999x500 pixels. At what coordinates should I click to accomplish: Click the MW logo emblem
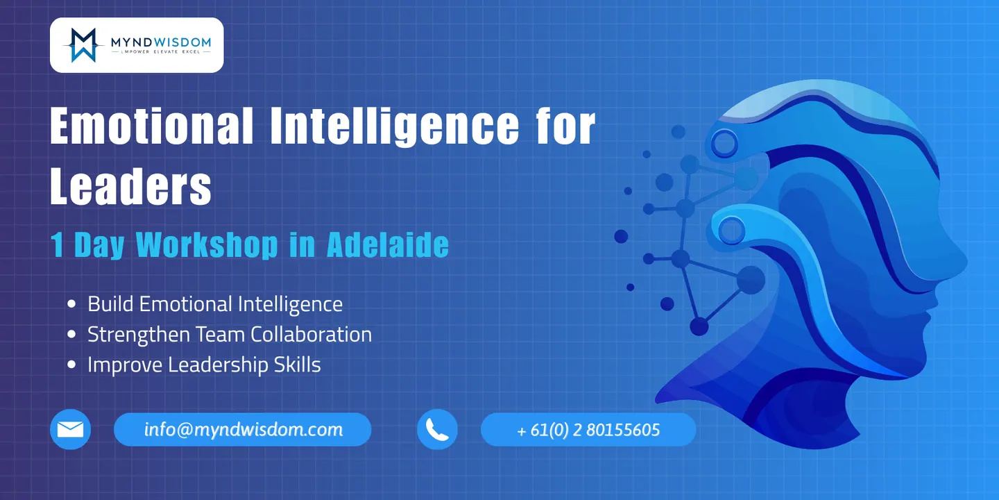point(83,45)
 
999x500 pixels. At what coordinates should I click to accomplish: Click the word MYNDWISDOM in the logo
point(161,42)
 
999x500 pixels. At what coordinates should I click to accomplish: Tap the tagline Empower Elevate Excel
point(160,52)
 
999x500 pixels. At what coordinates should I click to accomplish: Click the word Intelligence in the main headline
point(394,126)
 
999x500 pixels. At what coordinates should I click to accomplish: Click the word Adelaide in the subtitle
point(388,244)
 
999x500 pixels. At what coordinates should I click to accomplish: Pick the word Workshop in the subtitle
point(207,244)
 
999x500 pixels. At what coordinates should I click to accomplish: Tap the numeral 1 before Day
point(57,244)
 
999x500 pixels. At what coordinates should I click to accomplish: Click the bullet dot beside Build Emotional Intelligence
point(71,304)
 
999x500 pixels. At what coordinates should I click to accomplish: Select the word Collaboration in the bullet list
point(311,335)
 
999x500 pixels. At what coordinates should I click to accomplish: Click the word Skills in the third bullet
point(297,365)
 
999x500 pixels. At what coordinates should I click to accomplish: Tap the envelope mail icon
point(71,429)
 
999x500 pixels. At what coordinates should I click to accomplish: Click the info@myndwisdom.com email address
point(244,429)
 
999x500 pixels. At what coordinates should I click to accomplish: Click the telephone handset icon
point(437,429)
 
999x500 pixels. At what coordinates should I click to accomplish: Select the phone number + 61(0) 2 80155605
point(588,430)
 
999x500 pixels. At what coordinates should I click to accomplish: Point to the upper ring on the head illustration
point(724,144)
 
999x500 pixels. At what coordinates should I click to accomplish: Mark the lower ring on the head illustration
point(731,231)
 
